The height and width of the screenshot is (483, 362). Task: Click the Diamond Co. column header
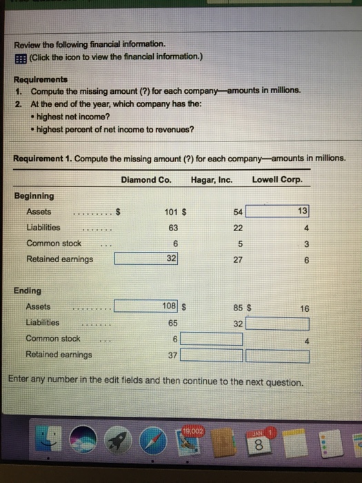click(x=145, y=181)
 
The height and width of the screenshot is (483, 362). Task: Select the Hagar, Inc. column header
click(x=212, y=181)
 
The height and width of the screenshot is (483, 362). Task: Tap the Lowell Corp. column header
click(x=278, y=181)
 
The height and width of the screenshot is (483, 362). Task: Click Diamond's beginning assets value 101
click(x=172, y=211)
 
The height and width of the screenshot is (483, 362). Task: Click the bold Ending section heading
click(x=27, y=290)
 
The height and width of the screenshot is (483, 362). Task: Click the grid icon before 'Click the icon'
click(x=19, y=56)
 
